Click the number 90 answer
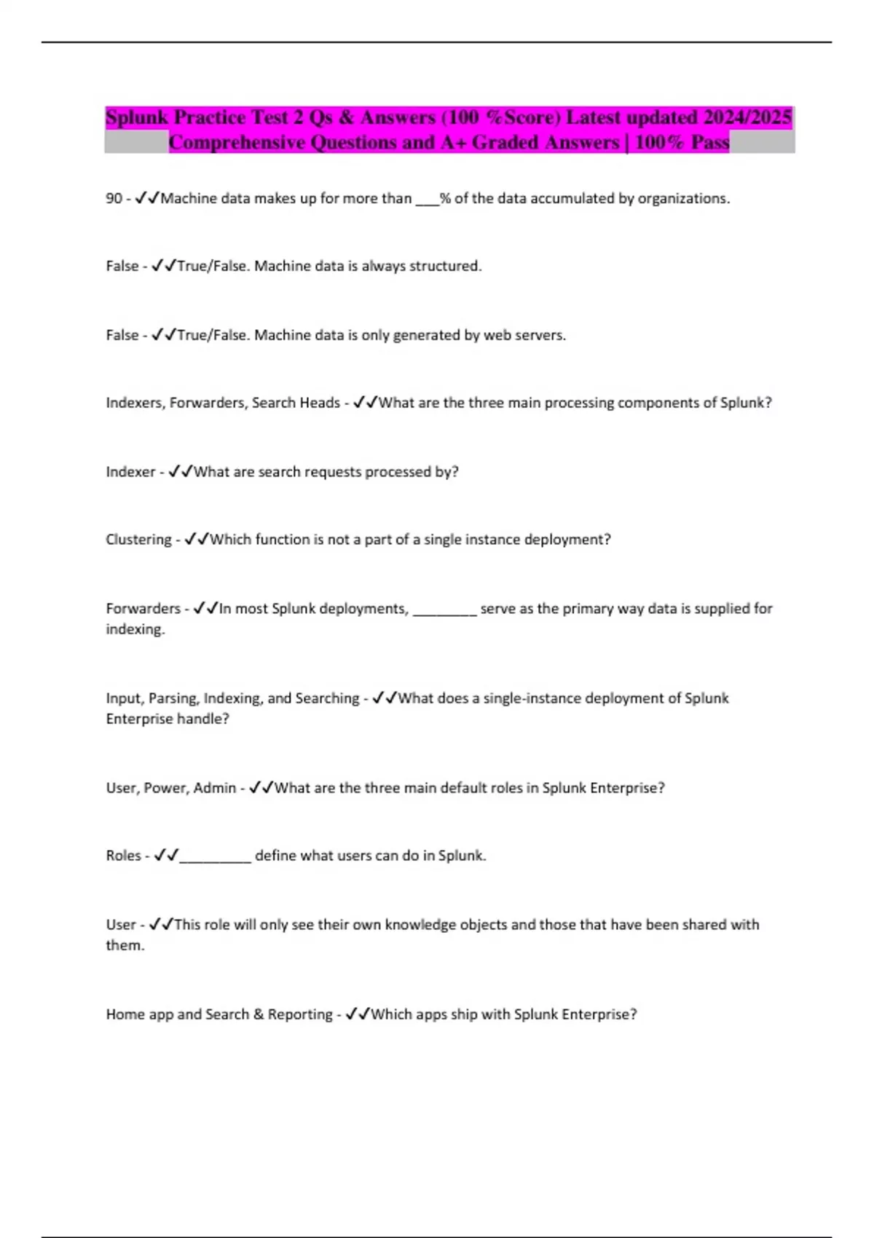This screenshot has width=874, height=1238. click(114, 198)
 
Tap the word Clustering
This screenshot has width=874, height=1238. click(138, 540)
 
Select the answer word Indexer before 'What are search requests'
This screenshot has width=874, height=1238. click(130, 472)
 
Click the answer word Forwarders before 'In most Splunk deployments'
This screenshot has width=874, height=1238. click(143, 608)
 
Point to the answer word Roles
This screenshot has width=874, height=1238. click(123, 856)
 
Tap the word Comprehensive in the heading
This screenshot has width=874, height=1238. click(237, 142)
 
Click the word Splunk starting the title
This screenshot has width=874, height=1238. click(137, 117)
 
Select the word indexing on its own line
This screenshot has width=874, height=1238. click(135, 629)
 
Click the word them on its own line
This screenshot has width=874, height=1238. click(125, 945)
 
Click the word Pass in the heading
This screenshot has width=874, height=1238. click(709, 142)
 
